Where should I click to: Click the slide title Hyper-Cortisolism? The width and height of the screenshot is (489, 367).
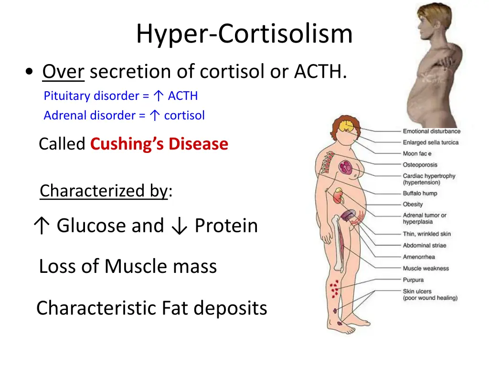pyautogui.click(x=244, y=34)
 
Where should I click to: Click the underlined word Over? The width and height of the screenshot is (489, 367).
pyautogui.click(x=63, y=72)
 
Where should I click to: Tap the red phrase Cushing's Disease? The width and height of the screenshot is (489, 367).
pyautogui.click(x=159, y=143)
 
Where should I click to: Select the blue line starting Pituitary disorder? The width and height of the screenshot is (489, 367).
pyautogui.click(x=120, y=96)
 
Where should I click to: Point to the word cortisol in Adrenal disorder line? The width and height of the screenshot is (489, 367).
pyautogui.click(x=184, y=116)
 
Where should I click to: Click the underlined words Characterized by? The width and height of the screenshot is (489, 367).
pyautogui.click(x=104, y=191)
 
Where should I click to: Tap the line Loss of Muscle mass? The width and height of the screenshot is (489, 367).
pyautogui.click(x=128, y=266)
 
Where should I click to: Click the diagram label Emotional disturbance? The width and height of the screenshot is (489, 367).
pyautogui.click(x=431, y=131)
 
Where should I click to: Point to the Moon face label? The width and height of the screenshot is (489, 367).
pyautogui.click(x=417, y=153)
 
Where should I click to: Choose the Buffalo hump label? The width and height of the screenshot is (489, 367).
pyautogui.click(x=420, y=194)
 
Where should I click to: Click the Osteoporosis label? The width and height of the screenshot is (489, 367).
pyautogui.click(x=420, y=165)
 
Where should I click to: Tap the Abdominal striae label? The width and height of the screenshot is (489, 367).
pyautogui.click(x=424, y=246)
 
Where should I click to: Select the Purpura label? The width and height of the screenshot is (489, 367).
pyautogui.click(x=413, y=280)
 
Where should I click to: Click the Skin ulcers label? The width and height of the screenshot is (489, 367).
pyautogui.click(x=417, y=291)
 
